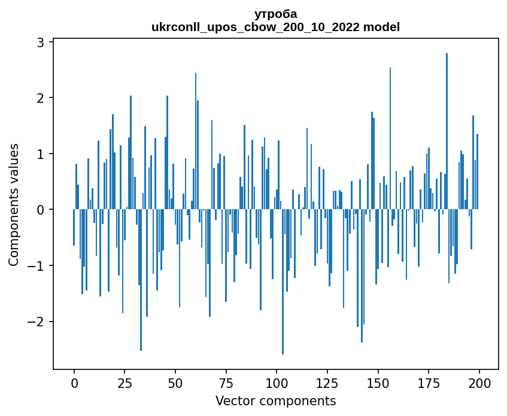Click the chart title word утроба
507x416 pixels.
pyautogui.click(x=275, y=14)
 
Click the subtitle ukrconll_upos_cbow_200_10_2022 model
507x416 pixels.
pyautogui.click(x=275, y=27)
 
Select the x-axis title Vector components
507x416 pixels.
pyautogui.click(x=275, y=400)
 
